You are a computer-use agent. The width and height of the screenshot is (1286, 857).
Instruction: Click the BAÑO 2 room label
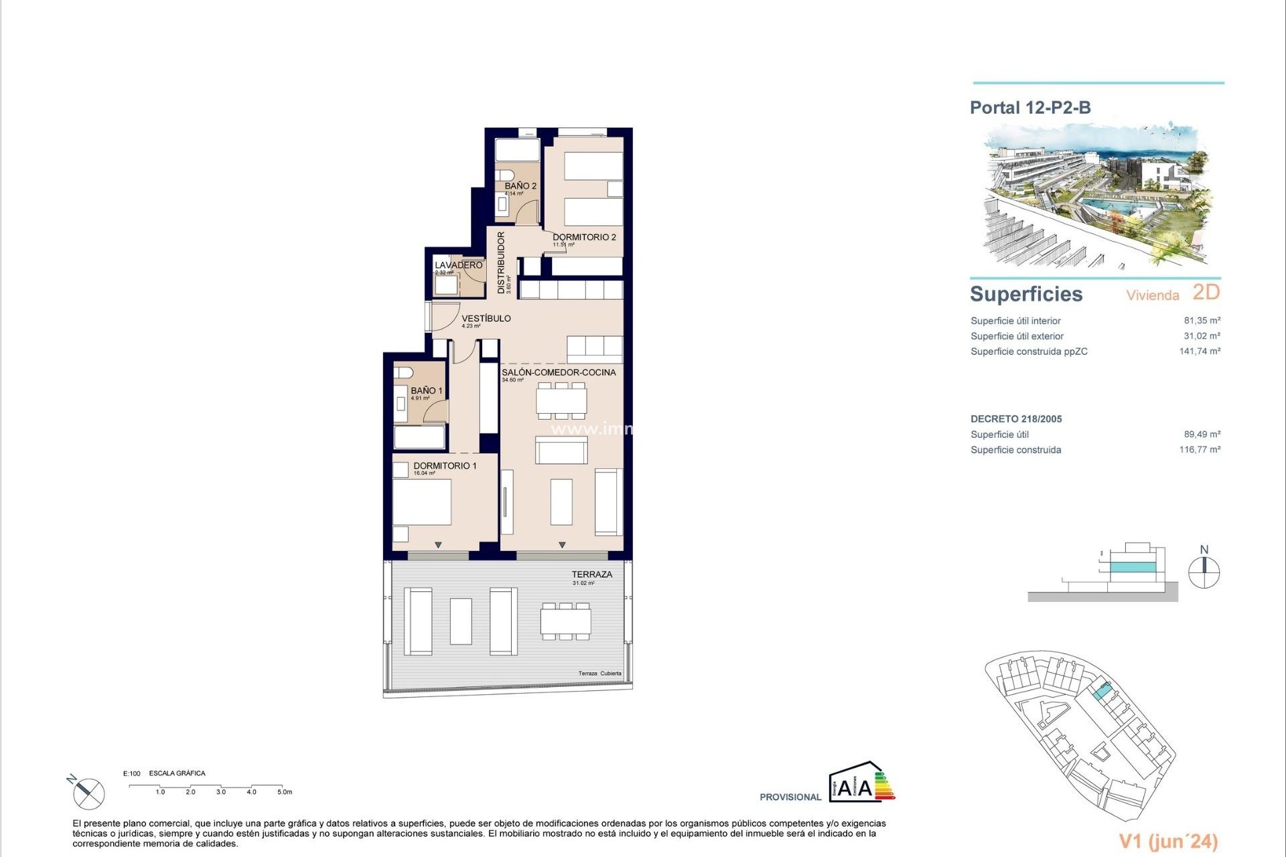520,186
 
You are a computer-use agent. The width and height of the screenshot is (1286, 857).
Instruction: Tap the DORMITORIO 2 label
584,237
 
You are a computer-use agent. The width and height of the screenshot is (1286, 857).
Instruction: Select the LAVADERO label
458,265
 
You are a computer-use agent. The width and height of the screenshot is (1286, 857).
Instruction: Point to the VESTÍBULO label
486,319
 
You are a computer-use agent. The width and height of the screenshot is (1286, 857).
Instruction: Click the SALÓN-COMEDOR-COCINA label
559,372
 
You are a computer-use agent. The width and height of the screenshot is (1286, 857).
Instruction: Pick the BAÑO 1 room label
426,390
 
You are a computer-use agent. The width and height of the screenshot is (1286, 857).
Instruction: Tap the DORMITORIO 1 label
445,466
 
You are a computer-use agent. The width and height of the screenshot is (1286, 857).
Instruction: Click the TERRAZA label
591,574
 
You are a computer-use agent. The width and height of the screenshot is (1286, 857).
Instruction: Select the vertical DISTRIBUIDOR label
501,262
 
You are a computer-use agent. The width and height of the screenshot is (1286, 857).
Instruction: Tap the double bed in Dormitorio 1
421,501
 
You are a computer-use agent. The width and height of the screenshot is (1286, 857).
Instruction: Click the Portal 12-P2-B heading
1030,108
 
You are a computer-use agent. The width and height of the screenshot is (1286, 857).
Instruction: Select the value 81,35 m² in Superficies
1202,321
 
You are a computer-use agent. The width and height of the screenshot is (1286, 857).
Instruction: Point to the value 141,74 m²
1199,351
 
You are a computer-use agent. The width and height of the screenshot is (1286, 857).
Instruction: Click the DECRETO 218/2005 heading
1016,419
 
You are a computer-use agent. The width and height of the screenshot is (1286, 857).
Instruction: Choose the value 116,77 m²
1199,450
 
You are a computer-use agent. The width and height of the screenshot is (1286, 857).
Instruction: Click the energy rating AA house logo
861,783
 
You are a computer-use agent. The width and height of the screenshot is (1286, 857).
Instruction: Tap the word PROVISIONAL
790,797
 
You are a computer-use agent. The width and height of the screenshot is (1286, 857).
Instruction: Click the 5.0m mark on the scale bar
285,792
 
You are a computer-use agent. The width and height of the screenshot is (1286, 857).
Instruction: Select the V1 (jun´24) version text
1168,841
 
